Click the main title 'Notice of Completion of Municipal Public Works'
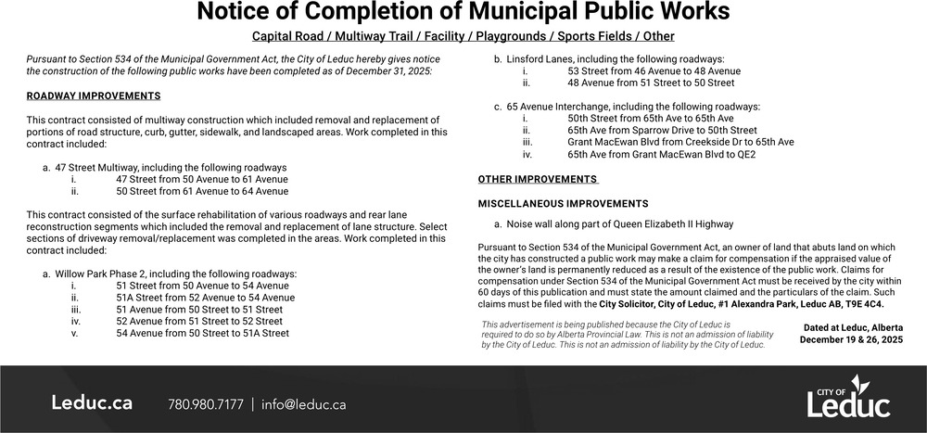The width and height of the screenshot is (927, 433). pos(463,13)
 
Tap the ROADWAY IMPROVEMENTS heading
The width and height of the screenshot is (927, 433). pos(93,96)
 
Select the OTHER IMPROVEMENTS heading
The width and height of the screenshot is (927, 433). pos(538,179)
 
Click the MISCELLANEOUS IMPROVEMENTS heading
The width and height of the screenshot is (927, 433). pos(563,203)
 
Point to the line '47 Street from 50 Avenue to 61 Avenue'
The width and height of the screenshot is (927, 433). pos(202,179)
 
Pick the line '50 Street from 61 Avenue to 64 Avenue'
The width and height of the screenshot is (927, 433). pos(202,191)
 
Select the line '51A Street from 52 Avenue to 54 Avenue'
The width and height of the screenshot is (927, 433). pos(206,298)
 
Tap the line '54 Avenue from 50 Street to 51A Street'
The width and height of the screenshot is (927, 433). pos(203,333)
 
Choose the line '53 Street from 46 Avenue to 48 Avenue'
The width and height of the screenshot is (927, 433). pos(654,70)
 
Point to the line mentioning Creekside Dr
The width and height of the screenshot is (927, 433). pos(680,143)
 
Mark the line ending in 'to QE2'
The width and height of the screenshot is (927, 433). pos(661,155)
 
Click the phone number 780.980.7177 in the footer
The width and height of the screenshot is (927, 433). pos(206,404)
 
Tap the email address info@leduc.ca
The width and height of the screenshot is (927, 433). pos(304,404)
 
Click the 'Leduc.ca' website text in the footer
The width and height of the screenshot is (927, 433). pos(91,403)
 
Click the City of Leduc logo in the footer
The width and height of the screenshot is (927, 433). pos(848,399)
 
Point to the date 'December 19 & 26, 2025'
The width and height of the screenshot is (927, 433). pos(851,340)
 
